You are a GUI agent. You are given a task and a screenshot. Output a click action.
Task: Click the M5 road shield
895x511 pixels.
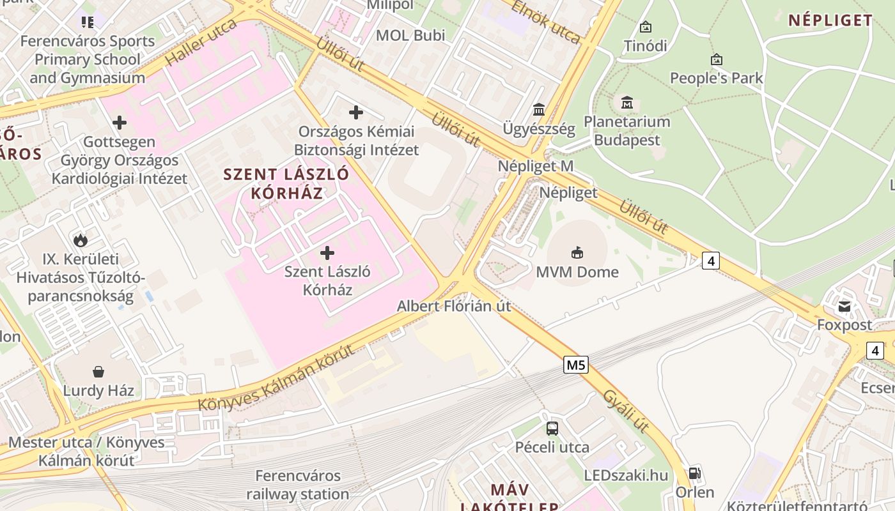click(x=576, y=365)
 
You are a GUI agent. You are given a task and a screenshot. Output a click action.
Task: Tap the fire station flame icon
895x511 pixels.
click(x=81, y=240)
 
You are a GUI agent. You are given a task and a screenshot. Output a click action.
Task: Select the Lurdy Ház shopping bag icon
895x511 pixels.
click(x=98, y=371)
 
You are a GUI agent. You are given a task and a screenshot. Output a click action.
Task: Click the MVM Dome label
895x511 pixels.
click(x=577, y=272)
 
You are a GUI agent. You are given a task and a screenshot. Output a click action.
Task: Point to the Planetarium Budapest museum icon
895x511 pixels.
click(x=626, y=102)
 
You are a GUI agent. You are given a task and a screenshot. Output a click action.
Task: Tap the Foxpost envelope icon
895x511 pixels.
click(x=844, y=306)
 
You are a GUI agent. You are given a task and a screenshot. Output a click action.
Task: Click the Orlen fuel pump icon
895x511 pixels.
click(x=694, y=473)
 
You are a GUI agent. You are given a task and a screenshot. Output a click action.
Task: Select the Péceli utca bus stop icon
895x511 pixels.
click(x=552, y=428)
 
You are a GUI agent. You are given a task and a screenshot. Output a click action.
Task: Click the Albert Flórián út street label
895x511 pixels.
click(x=454, y=306)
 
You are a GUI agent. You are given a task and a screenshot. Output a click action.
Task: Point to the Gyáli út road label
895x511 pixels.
click(x=626, y=411)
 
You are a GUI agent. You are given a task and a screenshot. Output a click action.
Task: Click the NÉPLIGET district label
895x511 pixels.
click(x=830, y=20)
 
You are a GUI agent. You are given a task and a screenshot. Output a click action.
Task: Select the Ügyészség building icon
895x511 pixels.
click(x=539, y=110)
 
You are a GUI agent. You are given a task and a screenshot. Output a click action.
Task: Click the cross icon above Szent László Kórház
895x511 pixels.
click(x=327, y=253)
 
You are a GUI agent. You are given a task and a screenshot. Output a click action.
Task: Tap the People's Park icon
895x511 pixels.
click(x=717, y=60)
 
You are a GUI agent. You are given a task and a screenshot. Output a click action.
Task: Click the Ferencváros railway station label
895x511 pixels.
click(x=298, y=485)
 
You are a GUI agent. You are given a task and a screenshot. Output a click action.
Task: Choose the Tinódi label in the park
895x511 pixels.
click(x=645, y=46)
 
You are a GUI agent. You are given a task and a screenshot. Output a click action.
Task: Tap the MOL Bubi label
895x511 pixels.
click(x=410, y=35)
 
